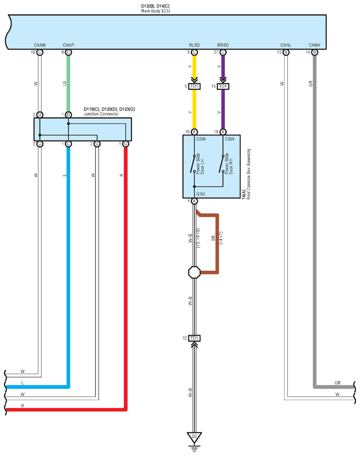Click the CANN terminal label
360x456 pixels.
(40, 45)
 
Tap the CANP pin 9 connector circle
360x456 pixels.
(68, 52)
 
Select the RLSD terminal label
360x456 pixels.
(194, 45)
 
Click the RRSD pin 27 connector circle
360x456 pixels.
(223, 52)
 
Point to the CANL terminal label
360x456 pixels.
(286, 45)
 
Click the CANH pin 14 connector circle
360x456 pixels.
(314, 52)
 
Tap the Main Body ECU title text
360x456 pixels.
(155, 11)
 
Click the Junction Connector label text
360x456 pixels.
(101, 114)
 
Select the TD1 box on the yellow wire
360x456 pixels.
(194, 86)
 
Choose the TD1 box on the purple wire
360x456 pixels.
(223, 86)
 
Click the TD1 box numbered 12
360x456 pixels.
(194, 338)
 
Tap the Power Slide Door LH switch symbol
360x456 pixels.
(193, 164)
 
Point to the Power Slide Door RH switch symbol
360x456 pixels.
(222, 164)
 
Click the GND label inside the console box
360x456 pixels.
(200, 194)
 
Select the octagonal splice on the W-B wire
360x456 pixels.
(194, 272)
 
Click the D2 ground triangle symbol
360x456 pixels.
(194, 437)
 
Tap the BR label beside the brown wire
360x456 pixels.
(213, 238)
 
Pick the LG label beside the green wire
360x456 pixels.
(65, 83)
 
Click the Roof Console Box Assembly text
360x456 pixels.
(249, 174)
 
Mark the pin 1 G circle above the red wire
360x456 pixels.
(126, 144)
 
